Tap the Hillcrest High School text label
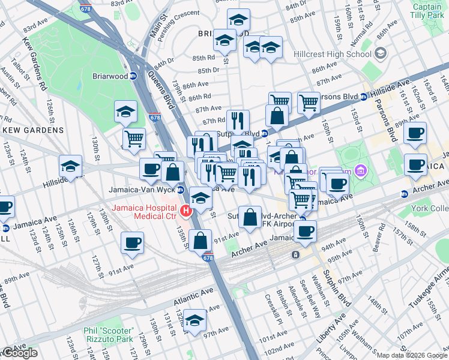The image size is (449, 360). pyautogui.click(x=324, y=54)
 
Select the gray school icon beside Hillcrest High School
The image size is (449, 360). pyautogui.click(x=380, y=54)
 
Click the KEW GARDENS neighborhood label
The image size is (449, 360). pyautogui.click(x=33, y=130)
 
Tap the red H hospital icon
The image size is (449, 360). pyautogui.click(x=186, y=211)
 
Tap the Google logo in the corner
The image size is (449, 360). pyautogui.click(x=19, y=353)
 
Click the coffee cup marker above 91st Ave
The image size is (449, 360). pyautogui.click(x=132, y=243)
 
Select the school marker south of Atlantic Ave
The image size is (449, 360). pyautogui.click(x=194, y=322)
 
